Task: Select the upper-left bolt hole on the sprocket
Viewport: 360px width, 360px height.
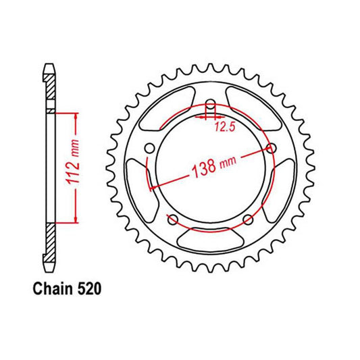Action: click(x=150, y=148)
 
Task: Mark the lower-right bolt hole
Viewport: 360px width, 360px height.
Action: click(x=248, y=219)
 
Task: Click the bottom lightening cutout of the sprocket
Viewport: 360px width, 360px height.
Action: click(x=210, y=239)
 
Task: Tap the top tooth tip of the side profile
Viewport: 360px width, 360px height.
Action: click(x=49, y=66)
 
